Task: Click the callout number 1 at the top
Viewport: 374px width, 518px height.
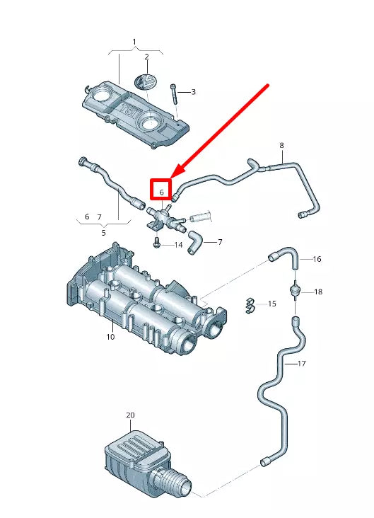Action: tap(134, 42)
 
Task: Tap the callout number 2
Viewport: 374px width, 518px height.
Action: tap(146, 57)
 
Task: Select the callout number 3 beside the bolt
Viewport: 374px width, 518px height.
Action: tap(194, 92)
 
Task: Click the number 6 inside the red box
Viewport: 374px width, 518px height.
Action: tap(162, 192)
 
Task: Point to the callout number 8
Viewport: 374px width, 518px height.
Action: tap(281, 145)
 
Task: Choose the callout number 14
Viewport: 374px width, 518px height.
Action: tap(179, 245)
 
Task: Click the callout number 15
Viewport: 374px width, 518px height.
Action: tap(272, 304)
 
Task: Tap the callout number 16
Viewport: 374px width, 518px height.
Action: tap(317, 259)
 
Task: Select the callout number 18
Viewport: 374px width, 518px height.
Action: tap(318, 292)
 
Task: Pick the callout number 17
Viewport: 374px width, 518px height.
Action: tap(301, 364)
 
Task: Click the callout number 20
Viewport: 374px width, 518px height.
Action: tap(130, 415)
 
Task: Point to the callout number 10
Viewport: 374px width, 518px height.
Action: tap(110, 337)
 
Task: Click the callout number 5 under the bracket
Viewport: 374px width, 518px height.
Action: tap(104, 233)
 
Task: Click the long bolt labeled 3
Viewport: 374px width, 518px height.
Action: tap(174, 94)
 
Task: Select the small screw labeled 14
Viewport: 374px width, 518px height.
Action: tap(157, 244)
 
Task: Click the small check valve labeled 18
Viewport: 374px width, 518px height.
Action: tap(294, 291)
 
